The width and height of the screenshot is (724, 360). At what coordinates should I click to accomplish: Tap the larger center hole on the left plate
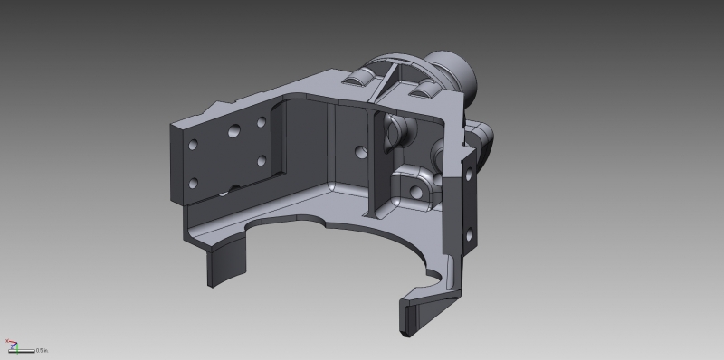(x=234, y=132)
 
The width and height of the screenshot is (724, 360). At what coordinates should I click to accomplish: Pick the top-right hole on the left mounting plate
(x=261, y=120)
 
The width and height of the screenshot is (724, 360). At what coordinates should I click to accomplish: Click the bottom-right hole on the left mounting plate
(x=261, y=161)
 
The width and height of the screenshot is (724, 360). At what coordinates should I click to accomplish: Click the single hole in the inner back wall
(x=360, y=150)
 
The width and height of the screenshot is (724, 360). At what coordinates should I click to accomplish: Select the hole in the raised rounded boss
(x=416, y=191)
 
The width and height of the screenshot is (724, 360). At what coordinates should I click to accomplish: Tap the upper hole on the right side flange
(x=468, y=177)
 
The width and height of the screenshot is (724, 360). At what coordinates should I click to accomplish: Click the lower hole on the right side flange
(x=469, y=236)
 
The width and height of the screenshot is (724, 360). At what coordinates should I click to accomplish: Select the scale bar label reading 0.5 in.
(x=42, y=350)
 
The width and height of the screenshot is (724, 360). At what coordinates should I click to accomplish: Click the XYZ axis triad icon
(x=11, y=346)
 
